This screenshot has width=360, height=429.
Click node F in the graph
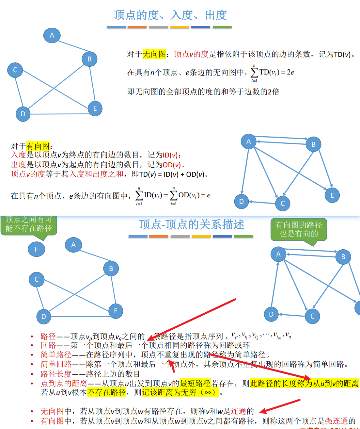(36, 249)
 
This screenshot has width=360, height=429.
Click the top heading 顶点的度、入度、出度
(170, 15)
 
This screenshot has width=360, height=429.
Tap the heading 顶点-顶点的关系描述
(192, 224)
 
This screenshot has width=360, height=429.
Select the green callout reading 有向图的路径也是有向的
(299, 229)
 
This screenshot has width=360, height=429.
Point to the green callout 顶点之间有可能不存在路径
(29, 224)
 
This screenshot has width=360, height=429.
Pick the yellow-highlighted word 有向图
(38, 146)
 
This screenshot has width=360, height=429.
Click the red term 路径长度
(56, 374)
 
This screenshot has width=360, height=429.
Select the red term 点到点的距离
(64, 383)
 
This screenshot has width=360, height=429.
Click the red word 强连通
(336, 421)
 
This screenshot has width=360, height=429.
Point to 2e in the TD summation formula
(290, 72)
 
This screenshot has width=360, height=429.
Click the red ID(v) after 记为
(170, 155)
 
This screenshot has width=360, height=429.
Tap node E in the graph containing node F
(116, 311)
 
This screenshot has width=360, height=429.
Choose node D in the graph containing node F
(44, 316)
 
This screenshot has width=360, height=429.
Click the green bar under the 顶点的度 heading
(222, 27)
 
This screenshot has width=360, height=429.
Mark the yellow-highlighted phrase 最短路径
(195, 383)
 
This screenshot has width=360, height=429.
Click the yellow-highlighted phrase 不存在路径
(107, 392)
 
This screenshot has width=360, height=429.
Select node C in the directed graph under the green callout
(312, 316)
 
